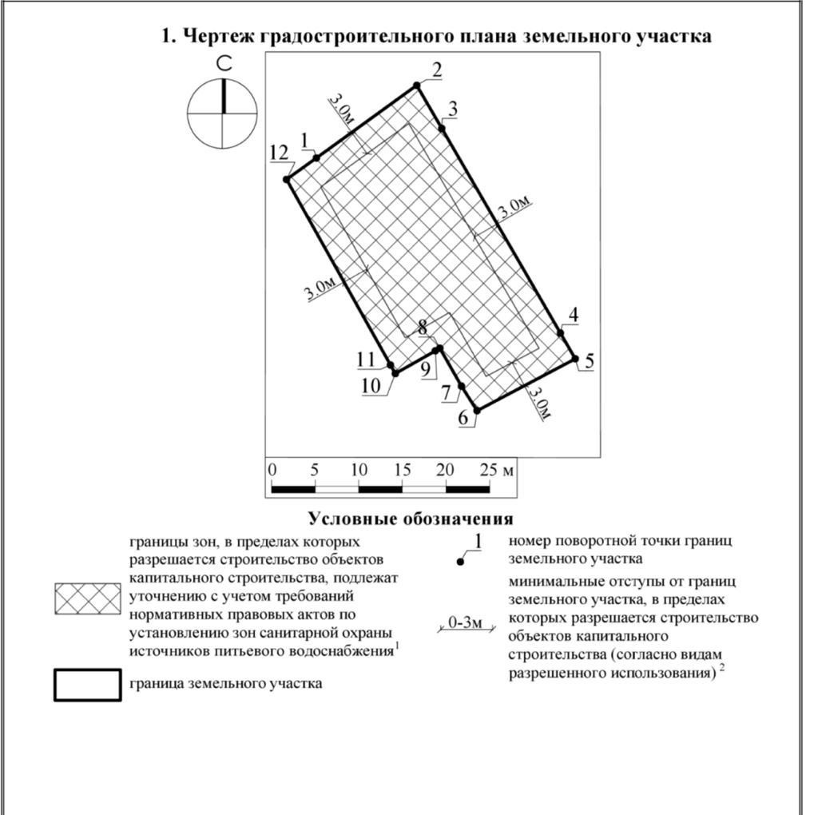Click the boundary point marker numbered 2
[417, 85]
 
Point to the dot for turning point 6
[477, 411]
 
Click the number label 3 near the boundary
[452, 110]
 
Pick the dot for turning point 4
[561, 333]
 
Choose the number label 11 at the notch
[366, 360]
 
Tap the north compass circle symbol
[223, 113]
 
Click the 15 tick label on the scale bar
[402, 469]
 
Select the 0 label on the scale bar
[272, 469]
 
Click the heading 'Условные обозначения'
[411, 519]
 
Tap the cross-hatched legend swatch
[88, 599]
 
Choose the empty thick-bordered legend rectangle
[88, 685]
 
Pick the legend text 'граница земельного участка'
[226, 684]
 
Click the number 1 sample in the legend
[478, 541]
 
